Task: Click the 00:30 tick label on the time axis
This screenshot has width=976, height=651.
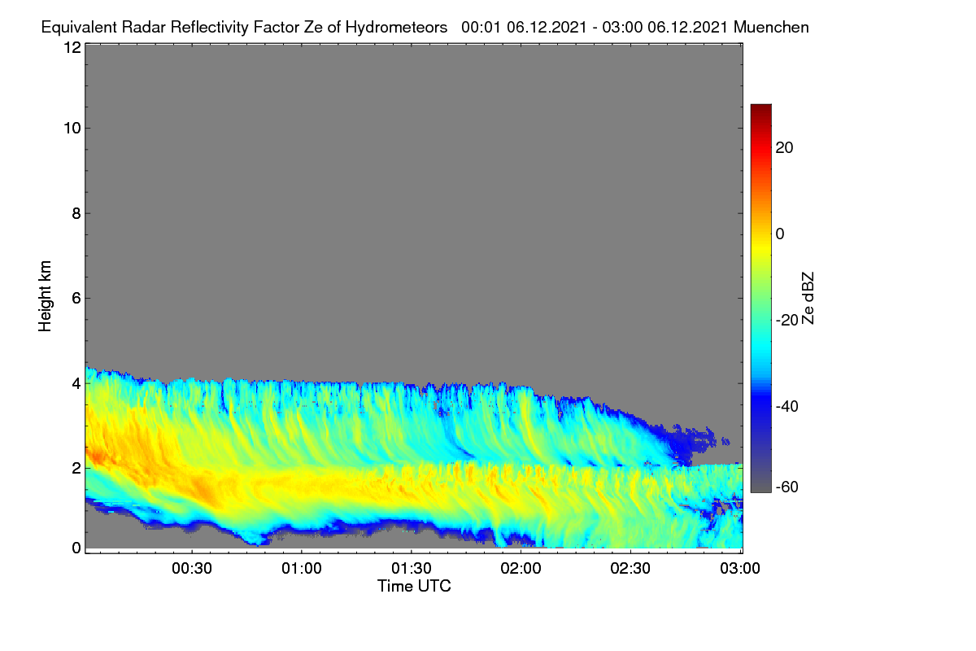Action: point(192,569)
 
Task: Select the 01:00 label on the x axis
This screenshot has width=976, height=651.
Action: point(302,569)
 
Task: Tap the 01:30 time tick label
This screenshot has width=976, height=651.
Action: point(412,569)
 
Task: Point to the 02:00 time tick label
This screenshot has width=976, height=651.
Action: point(521,569)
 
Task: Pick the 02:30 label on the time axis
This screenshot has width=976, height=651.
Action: point(630,569)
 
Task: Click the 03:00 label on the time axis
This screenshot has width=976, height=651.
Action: point(740,569)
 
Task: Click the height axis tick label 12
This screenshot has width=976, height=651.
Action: point(72,47)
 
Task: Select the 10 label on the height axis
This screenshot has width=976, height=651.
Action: point(72,129)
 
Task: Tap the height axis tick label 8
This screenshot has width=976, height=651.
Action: point(76,213)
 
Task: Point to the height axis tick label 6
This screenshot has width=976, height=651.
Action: point(76,299)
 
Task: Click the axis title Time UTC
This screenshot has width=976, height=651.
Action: point(414,586)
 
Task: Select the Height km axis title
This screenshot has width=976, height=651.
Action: point(45,296)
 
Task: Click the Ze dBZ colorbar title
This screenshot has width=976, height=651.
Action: point(808,299)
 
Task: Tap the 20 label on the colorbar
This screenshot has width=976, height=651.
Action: point(784,148)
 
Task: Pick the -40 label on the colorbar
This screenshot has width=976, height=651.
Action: point(787,406)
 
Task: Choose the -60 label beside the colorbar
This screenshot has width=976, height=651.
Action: point(787,487)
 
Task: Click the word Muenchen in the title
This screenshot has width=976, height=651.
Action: point(771,27)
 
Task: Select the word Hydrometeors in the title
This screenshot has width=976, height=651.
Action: point(397,28)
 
